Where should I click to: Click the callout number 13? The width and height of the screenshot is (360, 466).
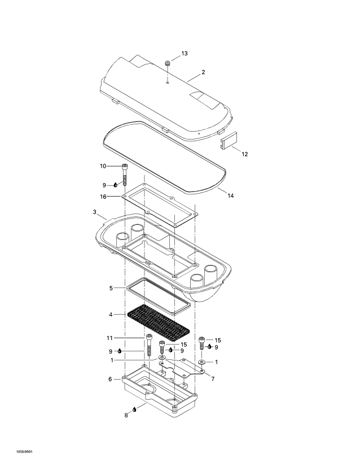click(185, 53)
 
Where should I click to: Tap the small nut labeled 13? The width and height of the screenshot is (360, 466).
click(168, 63)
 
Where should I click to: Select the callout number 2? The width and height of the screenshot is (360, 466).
click(203, 72)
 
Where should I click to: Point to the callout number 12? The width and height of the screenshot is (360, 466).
click(244, 154)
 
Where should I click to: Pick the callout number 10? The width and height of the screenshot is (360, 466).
click(103, 166)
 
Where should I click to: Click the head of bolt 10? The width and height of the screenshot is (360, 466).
click(124, 166)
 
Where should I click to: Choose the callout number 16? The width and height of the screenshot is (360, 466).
click(103, 197)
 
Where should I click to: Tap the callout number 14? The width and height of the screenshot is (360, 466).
click(230, 195)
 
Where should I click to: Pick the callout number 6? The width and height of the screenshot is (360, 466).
click(110, 379)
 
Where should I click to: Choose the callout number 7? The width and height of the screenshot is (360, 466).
click(212, 379)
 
